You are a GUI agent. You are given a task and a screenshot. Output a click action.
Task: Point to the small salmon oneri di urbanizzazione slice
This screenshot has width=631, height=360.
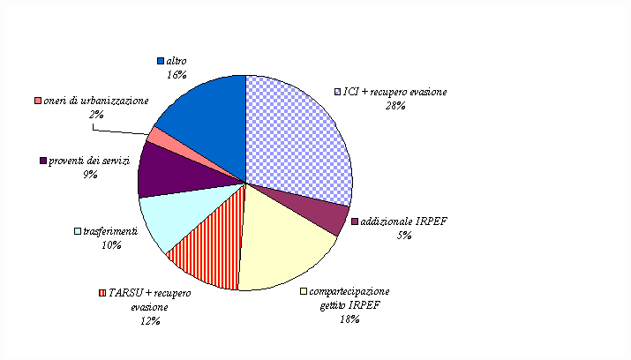154,136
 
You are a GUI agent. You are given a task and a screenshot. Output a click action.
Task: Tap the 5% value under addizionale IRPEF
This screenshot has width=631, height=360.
404,235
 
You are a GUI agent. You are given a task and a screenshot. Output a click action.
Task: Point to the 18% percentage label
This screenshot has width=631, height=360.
348,319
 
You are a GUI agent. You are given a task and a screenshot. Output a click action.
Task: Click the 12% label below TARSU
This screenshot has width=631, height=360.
149,320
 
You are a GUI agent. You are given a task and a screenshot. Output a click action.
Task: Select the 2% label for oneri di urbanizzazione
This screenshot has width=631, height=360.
94,115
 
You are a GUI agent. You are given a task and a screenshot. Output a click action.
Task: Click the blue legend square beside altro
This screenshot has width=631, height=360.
161,61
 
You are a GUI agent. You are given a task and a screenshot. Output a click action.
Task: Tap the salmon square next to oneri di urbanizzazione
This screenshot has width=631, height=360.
38,101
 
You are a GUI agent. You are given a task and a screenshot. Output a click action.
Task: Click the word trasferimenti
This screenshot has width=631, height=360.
110,231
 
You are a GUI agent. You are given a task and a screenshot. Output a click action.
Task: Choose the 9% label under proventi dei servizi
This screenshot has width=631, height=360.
89,175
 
